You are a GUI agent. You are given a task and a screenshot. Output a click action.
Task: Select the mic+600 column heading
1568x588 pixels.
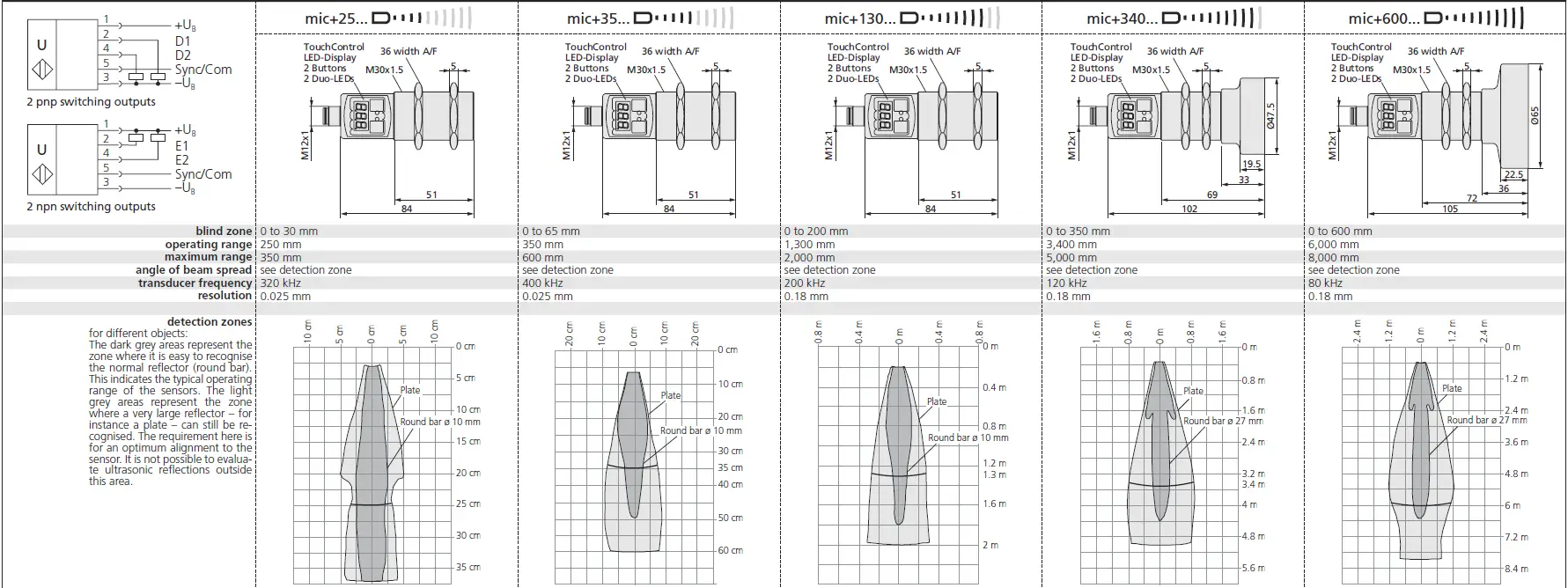1382,18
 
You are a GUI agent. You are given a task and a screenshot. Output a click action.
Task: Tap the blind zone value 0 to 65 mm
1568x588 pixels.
551,232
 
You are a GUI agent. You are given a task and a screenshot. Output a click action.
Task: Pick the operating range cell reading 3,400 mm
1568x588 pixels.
1071,245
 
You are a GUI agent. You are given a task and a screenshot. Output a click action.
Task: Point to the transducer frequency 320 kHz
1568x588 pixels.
281,283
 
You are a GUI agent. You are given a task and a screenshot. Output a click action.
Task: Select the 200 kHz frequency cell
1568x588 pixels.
804,283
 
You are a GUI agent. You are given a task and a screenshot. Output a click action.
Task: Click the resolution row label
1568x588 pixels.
225,296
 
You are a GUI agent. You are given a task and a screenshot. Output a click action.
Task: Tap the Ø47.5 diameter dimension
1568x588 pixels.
1270,117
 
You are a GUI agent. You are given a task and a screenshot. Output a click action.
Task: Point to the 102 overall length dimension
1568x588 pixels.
1189,209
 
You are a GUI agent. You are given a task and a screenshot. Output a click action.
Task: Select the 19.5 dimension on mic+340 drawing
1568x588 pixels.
1251,165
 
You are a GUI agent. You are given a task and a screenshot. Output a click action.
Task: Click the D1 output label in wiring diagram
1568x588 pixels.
182,41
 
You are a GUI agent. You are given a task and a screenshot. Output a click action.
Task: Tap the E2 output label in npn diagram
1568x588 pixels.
181,160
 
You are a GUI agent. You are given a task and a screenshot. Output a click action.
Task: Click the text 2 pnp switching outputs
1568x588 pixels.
91,102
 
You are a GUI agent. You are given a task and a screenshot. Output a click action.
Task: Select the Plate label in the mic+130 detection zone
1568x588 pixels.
936,401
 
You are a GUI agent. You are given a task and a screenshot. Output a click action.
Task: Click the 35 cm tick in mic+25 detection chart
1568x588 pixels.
467,567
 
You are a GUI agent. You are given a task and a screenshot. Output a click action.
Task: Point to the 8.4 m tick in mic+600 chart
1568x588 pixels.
1516,569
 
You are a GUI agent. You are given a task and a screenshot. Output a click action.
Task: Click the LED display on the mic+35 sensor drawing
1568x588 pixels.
622,114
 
